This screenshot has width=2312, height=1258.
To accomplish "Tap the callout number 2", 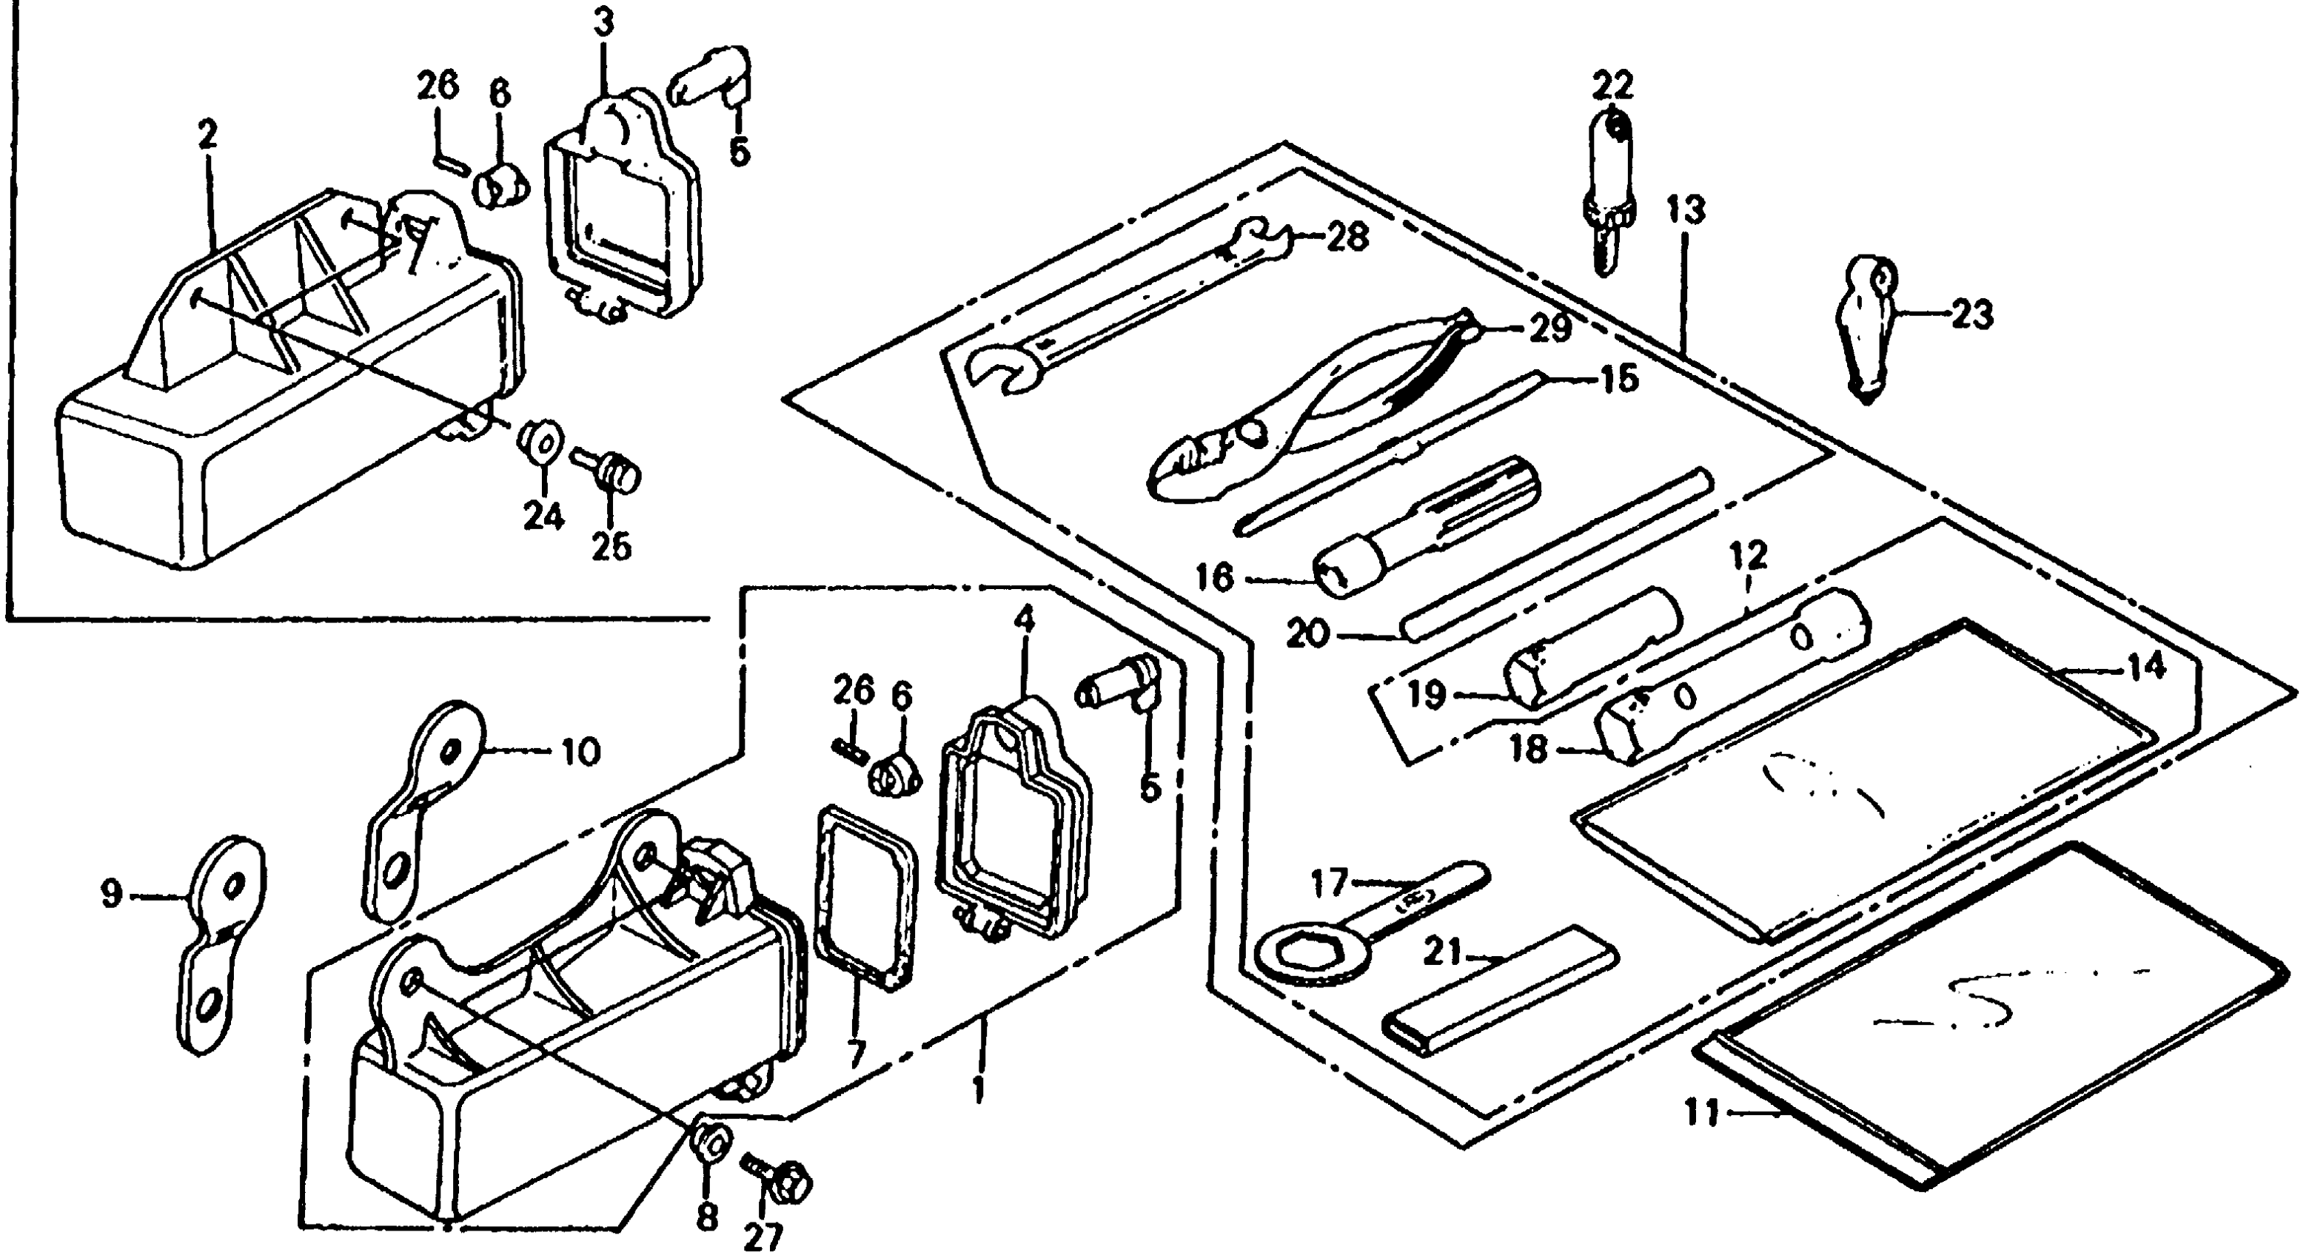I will tap(207, 135).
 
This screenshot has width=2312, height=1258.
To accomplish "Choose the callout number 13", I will tap(1685, 211).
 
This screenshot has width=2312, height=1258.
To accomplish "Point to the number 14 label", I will tap(2146, 666).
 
